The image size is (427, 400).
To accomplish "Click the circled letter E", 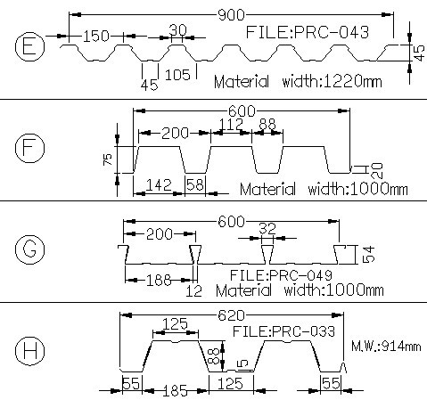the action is (29, 46).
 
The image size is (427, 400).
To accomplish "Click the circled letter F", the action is (29, 148).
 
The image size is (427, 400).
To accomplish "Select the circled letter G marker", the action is (29, 249).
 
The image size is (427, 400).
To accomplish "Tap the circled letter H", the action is (29, 351).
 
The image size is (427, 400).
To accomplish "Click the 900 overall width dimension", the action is (231, 14).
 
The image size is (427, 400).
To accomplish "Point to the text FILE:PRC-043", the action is (308, 32).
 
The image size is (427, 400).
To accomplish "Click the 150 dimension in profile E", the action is (96, 37).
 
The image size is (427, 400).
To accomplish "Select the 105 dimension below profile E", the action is (177, 75).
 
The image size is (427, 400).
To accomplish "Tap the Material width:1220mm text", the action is (298, 81).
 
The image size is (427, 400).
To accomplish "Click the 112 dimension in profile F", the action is (232, 124).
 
